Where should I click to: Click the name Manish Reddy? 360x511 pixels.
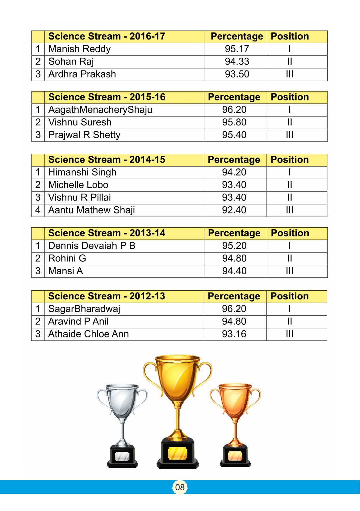[x=79, y=49]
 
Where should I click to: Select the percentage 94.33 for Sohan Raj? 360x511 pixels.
[x=237, y=62]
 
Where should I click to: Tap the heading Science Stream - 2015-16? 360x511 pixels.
[x=107, y=97]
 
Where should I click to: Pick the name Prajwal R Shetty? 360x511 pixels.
[x=84, y=135]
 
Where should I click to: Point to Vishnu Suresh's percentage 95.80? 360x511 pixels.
[x=234, y=122]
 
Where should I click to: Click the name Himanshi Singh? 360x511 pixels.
[x=82, y=172]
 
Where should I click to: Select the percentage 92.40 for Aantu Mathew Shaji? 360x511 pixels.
[x=234, y=210]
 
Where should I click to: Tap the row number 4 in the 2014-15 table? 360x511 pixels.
[x=38, y=210]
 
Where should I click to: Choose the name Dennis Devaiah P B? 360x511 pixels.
[x=92, y=246]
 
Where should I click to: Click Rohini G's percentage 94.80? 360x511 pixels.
[x=234, y=258]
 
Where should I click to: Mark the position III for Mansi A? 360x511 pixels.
[x=290, y=271]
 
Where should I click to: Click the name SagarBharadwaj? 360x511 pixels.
[x=84, y=309]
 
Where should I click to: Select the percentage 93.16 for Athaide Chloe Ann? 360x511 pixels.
[x=234, y=334]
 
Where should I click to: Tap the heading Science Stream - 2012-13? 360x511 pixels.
[x=107, y=296]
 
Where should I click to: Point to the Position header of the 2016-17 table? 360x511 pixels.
[x=290, y=36]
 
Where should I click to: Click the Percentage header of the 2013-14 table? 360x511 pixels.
[x=234, y=233]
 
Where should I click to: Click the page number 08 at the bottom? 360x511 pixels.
[x=180, y=487]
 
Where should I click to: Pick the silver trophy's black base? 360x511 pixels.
[x=122, y=457]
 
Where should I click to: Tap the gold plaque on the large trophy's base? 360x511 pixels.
[x=178, y=454]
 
